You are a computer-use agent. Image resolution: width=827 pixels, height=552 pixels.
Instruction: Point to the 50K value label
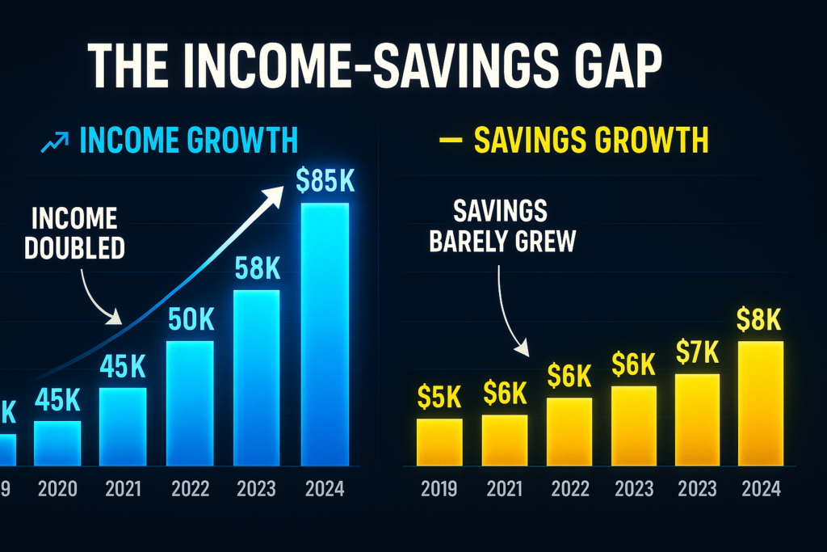pyautogui.click(x=191, y=320)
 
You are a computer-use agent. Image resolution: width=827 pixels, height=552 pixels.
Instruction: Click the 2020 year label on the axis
pyautogui.click(x=58, y=490)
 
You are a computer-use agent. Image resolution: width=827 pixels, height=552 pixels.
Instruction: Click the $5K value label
pyautogui.click(x=439, y=396)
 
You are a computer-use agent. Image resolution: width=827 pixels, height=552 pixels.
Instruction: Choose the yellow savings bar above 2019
pyautogui.click(x=439, y=443)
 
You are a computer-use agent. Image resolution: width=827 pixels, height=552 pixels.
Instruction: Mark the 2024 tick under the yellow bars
pyautogui.click(x=760, y=490)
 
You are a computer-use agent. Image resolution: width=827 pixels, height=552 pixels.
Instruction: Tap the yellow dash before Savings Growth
pyautogui.click(x=446, y=141)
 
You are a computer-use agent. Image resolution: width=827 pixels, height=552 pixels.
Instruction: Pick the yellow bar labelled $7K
pyautogui.click(x=696, y=420)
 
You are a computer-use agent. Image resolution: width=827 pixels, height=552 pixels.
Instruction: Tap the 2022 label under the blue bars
pyautogui.click(x=191, y=490)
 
